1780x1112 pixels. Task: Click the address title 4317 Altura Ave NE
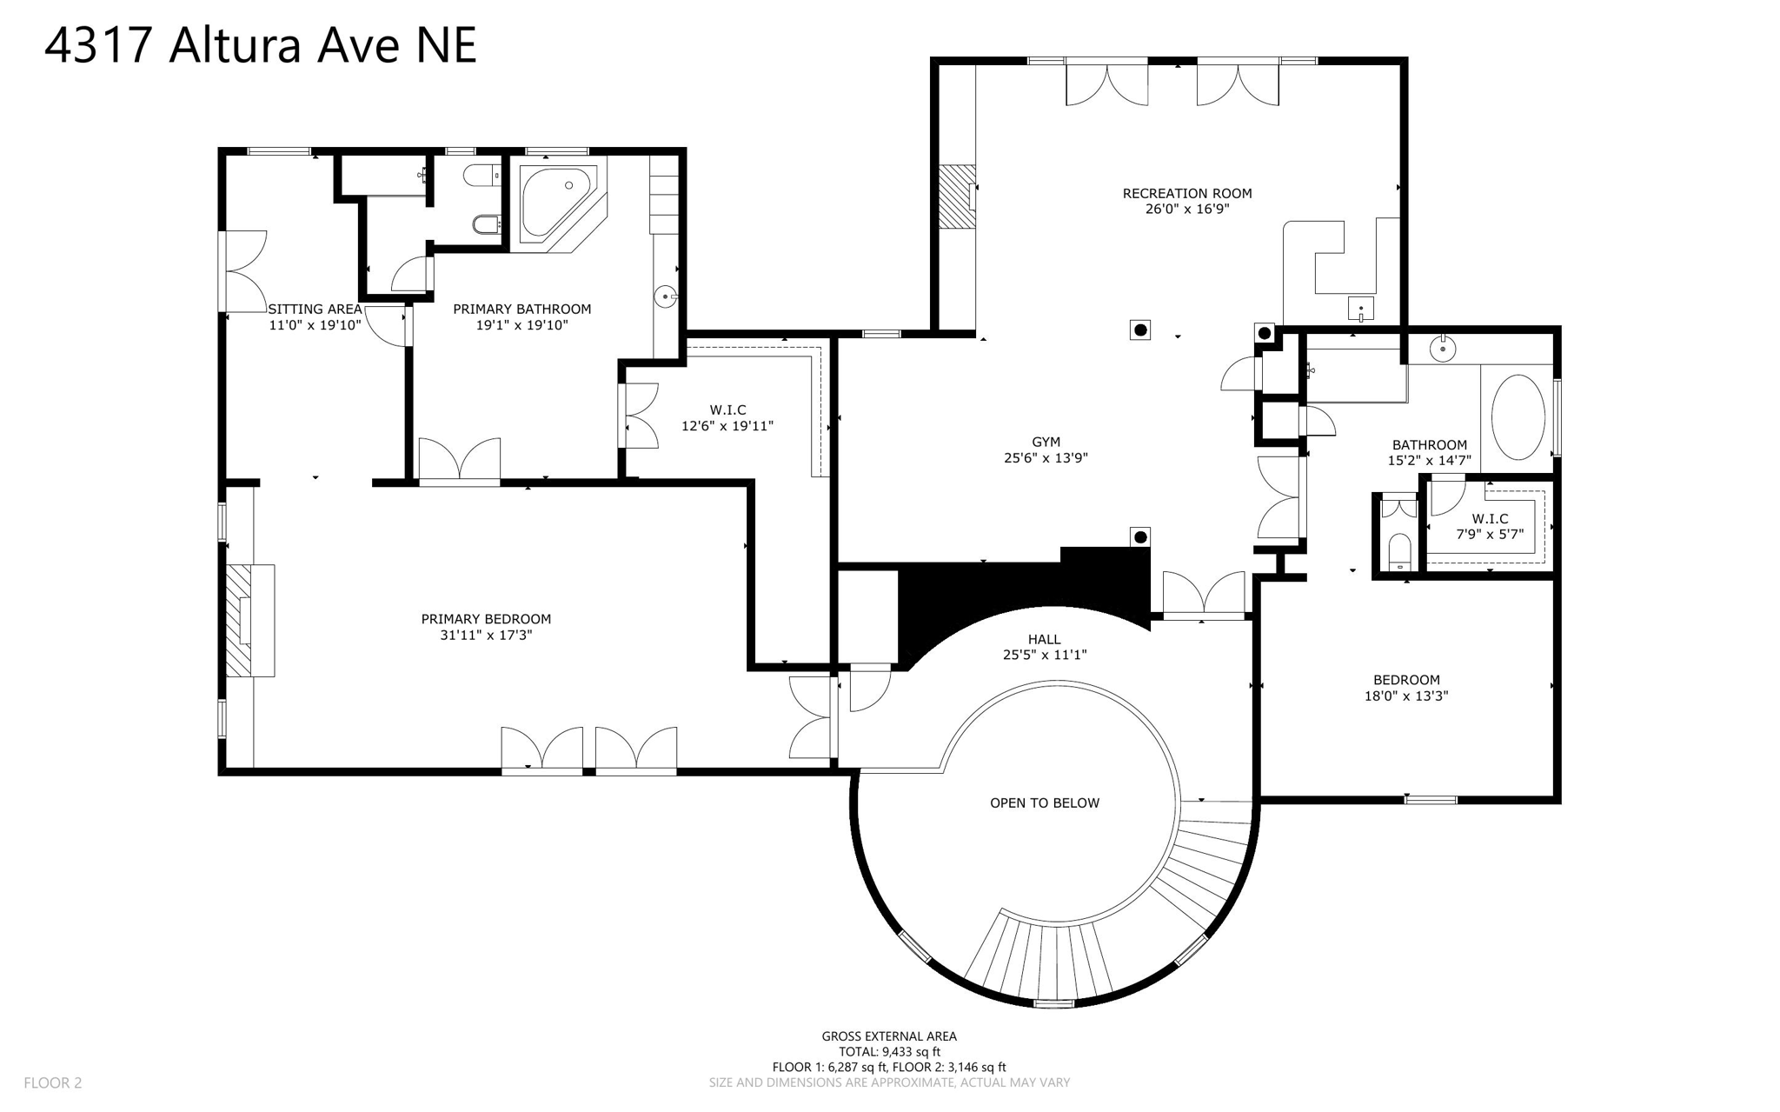[x=261, y=45]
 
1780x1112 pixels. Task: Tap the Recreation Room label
[x=1186, y=193]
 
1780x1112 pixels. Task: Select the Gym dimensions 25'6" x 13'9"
[x=1046, y=457]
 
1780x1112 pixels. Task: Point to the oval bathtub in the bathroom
[x=1518, y=417]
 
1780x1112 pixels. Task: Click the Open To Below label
[x=1045, y=802]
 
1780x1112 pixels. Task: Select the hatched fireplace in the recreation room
[x=956, y=196]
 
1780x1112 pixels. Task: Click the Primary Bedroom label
[x=486, y=619]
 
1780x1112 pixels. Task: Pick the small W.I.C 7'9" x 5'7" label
[x=1490, y=526]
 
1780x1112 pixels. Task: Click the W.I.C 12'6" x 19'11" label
[x=727, y=417]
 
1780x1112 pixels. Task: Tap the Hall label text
[x=1044, y=639]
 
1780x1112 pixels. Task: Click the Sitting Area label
[x=315, y=309]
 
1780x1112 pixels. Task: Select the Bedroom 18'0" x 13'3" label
[x=1406, y=687]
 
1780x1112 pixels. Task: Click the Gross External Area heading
[x=889, y=1035]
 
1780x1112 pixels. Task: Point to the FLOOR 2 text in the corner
[x=52, y=1082]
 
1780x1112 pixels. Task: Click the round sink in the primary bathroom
[x=665, y=297]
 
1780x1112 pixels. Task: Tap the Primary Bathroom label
[x=521, y=309]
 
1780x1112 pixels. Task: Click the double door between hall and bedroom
[x=1204, y=595]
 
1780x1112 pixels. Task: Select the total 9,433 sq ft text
[x=889, y=1051]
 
